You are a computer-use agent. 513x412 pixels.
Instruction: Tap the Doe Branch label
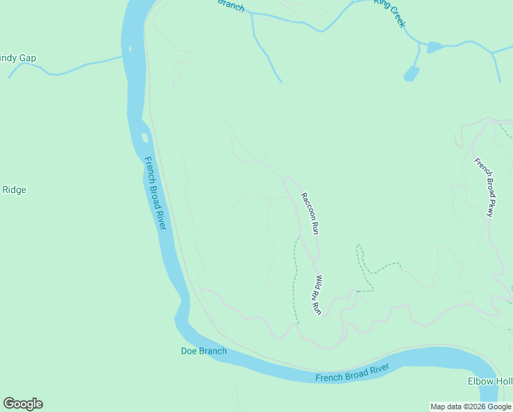tap(203, 352)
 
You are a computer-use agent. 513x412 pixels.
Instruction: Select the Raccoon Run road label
tap(310, 214)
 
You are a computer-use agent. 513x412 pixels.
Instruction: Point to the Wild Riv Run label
tap(318, 295)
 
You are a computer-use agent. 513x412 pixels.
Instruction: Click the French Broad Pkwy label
tap(484, 187)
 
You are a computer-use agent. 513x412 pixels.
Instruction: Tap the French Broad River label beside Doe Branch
tap(352, 374)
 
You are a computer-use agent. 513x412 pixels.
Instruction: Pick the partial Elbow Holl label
tap(490, 382)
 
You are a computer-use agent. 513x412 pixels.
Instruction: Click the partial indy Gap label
tap(18, 58)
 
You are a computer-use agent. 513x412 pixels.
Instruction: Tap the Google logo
tap(23, 404)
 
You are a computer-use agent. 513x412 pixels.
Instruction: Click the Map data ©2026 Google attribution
tap(470, 407)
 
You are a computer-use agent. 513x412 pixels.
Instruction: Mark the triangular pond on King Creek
tap(434, 47)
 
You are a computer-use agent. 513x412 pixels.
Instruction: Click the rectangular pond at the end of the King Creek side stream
tap(411, 74)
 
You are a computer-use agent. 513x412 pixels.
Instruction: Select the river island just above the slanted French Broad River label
tap(144, 137)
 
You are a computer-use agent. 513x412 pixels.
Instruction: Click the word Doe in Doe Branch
tap(189, 352)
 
